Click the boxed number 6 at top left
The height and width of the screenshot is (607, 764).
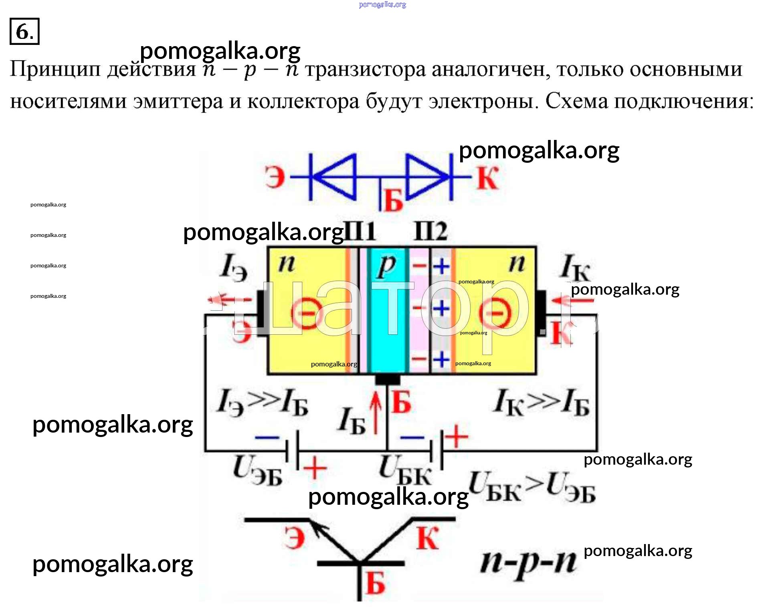24,31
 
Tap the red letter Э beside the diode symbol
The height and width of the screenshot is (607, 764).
275,177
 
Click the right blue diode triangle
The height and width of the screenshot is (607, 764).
426,177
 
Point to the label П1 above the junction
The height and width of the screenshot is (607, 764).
360,231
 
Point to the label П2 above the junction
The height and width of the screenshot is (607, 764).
431,231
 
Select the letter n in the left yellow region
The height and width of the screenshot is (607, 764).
287,263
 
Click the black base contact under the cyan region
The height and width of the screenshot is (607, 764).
387,379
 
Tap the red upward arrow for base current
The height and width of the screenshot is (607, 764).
376,413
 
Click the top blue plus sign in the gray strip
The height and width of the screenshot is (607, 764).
441,266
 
